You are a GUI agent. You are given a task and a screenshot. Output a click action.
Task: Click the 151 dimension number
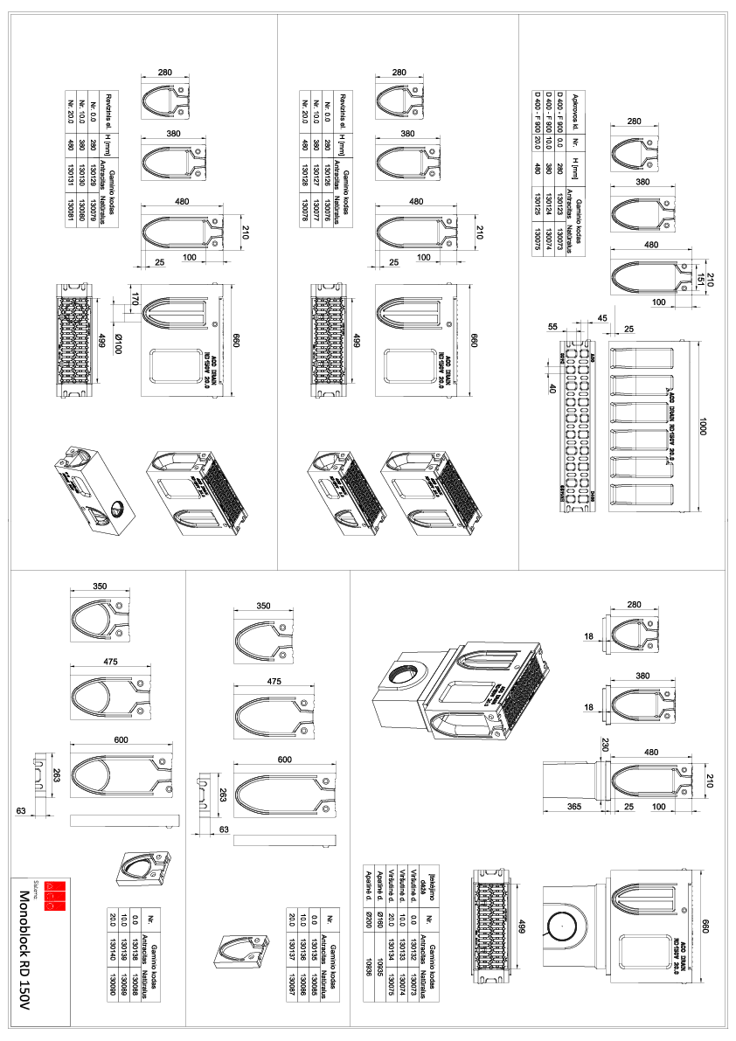point(698,279)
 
